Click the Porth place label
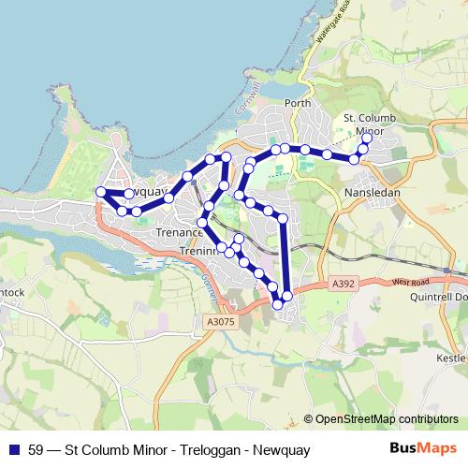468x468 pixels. click(x=297, y=103)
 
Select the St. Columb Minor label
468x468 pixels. click(x=364, y=124)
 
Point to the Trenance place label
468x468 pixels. click(x=179, y=232)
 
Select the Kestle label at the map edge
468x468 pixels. click(x=451, y=358)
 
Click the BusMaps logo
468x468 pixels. click(x=417, y=448)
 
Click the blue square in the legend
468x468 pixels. click(x=14, y=448)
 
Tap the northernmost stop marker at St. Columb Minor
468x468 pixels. click(x=366, y=139)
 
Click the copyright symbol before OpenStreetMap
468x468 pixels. click(x=308, y=419)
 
